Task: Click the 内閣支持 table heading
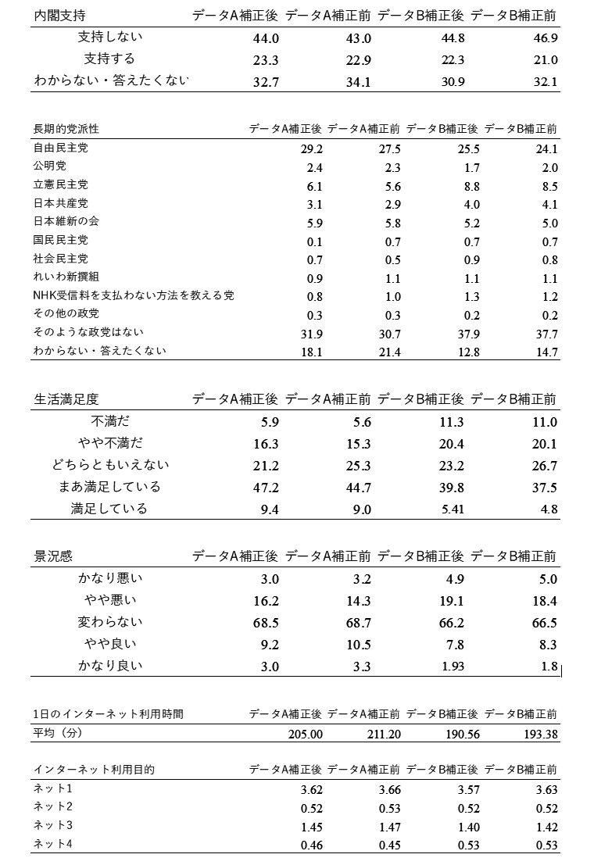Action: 60,15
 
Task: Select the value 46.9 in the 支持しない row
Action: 543,38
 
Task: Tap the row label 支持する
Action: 109,59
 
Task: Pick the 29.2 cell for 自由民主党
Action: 312,148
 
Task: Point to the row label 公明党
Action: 49,166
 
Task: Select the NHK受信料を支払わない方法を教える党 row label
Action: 134,296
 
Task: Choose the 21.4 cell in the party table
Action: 389,352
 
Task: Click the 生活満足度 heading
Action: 66,399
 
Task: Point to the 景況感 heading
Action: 53,556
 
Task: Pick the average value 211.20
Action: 383,735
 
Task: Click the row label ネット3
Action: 53,826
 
